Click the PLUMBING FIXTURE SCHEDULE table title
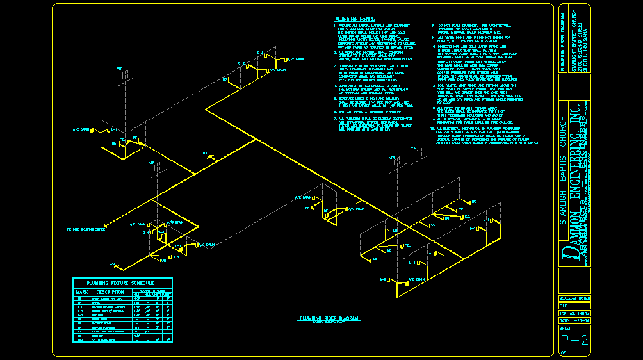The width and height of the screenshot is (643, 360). pos(122,282)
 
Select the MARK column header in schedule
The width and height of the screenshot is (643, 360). pos(81,292)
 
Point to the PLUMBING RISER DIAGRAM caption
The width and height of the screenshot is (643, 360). pos(329,318)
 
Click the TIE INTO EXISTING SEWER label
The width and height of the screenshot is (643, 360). pos(86,229)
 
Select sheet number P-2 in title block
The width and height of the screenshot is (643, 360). pos(574,340)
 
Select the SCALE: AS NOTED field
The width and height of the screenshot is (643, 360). pos(574,299)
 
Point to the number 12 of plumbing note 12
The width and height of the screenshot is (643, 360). pos(432,84)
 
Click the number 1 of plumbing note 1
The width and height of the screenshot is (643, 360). pos(335,27)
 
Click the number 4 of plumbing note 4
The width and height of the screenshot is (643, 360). pos(335,85)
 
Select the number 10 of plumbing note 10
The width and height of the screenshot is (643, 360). pos(432,47)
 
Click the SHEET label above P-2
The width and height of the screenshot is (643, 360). pos(566,327)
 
